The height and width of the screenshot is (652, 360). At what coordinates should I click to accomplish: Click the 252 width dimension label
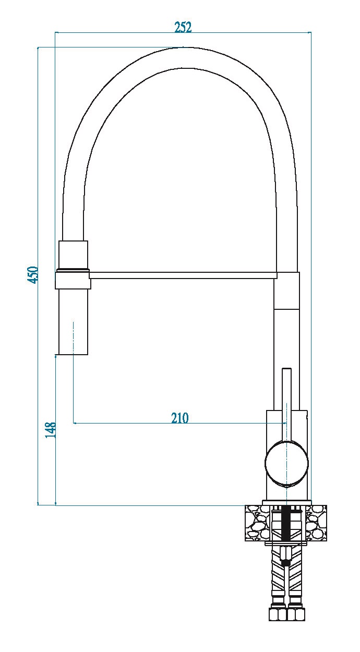(x=183, y=27)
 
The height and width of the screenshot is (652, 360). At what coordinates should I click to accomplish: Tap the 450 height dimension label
(x=33, y=274)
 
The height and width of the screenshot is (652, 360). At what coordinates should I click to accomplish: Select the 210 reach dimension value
(x=179, y=418)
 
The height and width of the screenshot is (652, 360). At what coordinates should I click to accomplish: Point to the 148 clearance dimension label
(x=51, y=430)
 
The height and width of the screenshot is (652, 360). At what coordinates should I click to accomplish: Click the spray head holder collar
(x=73, y=279)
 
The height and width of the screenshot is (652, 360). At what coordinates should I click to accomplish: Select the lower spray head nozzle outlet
(x=73, y=322)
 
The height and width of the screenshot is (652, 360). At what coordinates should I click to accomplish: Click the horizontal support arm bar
(x=183, y=275)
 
